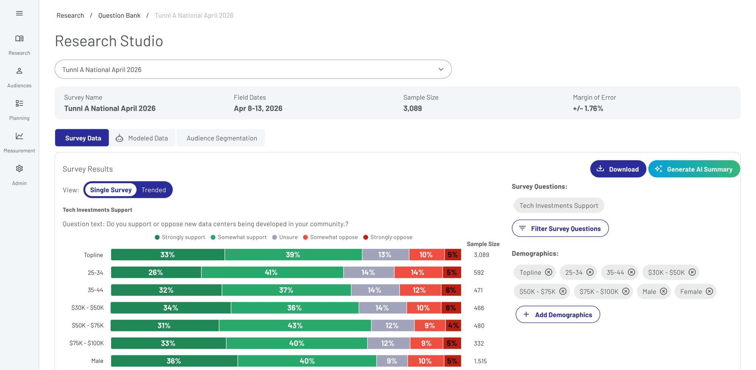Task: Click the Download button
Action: point(618,169)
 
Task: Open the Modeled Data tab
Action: point(142,138)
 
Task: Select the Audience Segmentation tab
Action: point(221,138)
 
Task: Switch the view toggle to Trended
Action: point(154,190)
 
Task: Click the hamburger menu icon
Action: point(19,13)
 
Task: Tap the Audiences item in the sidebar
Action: point(19,78)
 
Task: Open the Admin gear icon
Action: point(19,168)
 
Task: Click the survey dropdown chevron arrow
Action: point(441,69)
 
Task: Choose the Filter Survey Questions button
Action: point(560,229)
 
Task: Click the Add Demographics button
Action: point(558,314)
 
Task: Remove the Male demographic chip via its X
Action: point(663,291)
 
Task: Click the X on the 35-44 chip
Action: point(631,272)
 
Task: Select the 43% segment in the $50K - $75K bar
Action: point(295,325)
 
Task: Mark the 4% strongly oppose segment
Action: point(454,325)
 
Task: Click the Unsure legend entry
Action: point(285,237)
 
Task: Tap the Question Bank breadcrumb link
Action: point(119,16)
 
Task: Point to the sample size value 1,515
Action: point(480,361)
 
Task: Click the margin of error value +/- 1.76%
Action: point(588,109)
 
